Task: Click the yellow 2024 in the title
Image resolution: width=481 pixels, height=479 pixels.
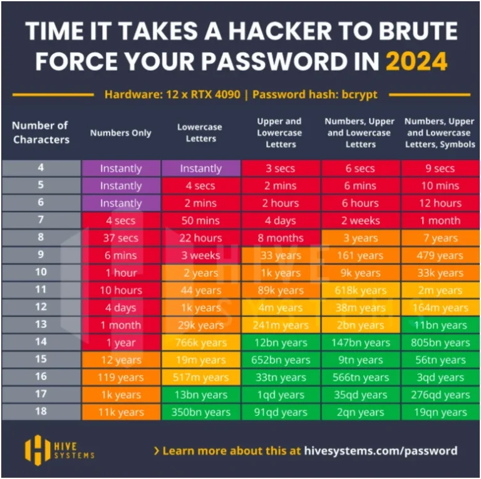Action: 416,61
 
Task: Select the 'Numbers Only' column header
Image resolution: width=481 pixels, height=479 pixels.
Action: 121,133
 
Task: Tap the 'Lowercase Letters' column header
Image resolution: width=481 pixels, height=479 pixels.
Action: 200,133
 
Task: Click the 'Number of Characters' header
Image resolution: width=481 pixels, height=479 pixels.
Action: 40,132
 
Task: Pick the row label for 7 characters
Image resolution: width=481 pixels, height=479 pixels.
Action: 41,220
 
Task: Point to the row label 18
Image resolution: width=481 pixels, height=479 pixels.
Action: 41,412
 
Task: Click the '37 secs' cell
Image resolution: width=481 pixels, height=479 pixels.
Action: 121,238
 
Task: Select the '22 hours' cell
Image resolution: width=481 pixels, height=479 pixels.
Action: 200,238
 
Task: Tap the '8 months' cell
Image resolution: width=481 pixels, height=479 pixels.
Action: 281,238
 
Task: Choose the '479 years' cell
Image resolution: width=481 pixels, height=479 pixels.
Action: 441,255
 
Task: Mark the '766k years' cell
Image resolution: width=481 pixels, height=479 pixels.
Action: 200,343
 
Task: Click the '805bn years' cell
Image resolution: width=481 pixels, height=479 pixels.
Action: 441,343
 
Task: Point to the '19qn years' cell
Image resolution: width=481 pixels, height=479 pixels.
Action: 441,412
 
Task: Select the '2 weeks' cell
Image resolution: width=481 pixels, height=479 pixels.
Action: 361,220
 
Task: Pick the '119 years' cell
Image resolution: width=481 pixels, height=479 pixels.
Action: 121,378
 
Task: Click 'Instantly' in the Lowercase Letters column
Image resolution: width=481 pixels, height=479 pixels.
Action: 200,168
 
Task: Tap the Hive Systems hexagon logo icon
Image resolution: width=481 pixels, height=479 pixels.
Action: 37,450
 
